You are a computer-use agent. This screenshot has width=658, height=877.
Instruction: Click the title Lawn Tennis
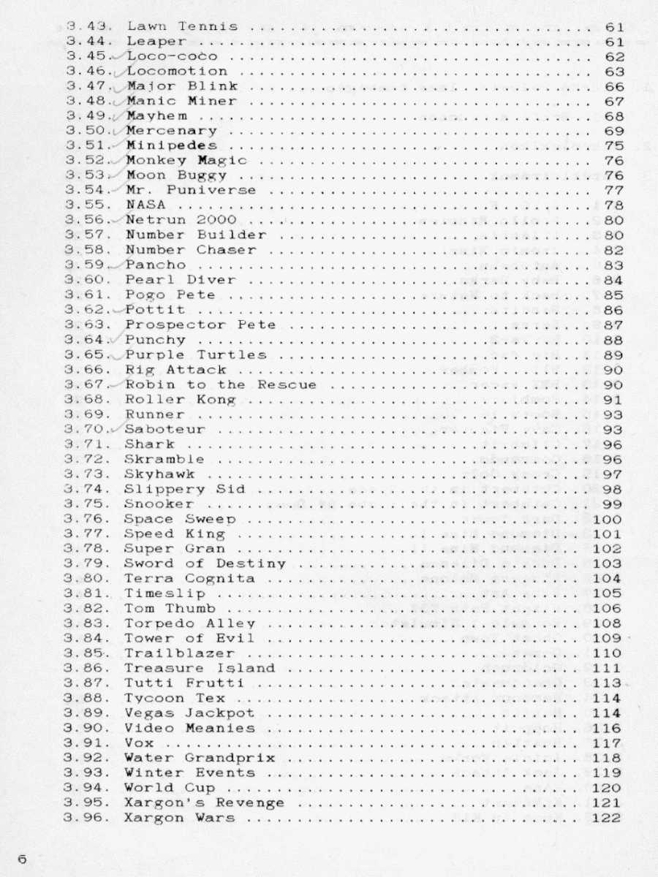click(x=182, y=26)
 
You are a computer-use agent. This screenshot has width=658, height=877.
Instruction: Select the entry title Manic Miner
click(x=181, y=101)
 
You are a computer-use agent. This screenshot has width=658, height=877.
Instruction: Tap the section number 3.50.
click(x=87, y=131)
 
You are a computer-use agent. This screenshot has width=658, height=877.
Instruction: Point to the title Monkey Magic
click(x=186, y=160)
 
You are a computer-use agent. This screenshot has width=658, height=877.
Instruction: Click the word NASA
click(x=145, y=205)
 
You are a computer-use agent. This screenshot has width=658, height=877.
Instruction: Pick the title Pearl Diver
click(x=181, y=279)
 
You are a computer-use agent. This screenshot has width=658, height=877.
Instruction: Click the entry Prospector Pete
click(x=200, y=324)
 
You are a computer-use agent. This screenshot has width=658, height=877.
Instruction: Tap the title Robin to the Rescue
click(x=221, y=384)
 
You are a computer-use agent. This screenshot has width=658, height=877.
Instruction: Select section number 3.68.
click(x=86, y=400)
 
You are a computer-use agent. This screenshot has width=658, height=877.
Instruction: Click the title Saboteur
click(x=164, y=429)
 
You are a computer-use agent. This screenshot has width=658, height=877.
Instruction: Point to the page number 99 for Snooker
click(x=613, y=504)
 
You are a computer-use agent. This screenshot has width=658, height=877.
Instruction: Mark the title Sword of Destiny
click(x=205, y=563)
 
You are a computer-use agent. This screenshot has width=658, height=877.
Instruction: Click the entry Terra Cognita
click(x=189, y=578)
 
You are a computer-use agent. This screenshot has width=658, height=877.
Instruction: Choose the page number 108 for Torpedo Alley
click(x=608, y=623)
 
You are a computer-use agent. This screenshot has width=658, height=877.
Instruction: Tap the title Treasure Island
click(x=200, y=668)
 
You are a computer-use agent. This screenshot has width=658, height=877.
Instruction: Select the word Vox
click(x=139, y=743)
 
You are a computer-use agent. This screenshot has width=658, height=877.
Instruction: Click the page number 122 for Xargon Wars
click(x=608, y=818)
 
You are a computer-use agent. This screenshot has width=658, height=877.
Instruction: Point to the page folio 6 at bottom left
click(x=22, y=859)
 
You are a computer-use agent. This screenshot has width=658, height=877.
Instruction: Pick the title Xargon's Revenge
click(x=204, y=802)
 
